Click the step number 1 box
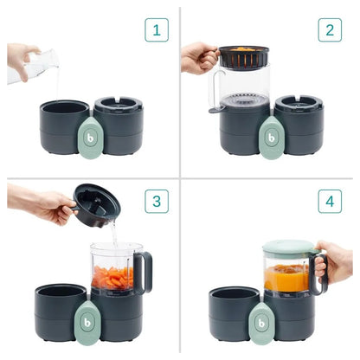pyautogui.click(x=156, y=30)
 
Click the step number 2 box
pyautogui.click(x=329, y=30)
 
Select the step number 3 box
pyautogui.click(x=156, y=202)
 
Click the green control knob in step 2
pyautogui.click(x=271, y=136)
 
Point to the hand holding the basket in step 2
pyautogui.click(x=198, y=58)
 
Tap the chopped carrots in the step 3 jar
pyautogui.click(x=113, y=277)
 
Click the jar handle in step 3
pyautogui.click(x=145, y=270)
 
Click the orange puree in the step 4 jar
pyautogui.click(x=286, y=279)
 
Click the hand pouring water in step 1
pyautogui.click(x=21, y=57)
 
